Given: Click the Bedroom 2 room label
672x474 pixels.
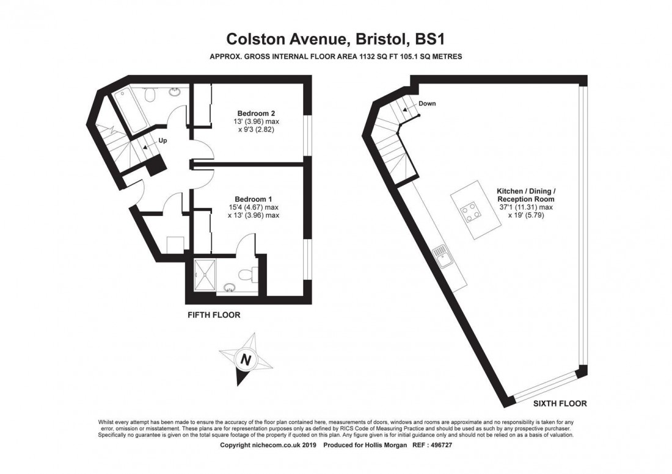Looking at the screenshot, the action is coord(256,113).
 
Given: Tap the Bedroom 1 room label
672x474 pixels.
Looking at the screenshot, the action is coord(253,199).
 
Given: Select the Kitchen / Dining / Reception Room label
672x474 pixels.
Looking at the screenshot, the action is coord(526,195).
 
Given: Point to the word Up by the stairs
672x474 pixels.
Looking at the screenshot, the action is coord(163,140).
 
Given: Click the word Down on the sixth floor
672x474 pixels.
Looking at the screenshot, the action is coord(427,104).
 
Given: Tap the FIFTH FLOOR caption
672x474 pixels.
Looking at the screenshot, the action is coord(214,315).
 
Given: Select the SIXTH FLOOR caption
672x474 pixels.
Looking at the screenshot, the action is coord(560,403).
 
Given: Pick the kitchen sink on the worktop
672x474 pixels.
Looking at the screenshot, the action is coord(442,257).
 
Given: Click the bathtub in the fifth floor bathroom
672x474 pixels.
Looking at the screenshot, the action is coord(131,111).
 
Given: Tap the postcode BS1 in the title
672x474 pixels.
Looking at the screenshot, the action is coord(429,39).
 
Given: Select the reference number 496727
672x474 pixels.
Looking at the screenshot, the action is coord(441,445).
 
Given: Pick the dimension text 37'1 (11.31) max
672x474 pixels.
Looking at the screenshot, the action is coord(525,207).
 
